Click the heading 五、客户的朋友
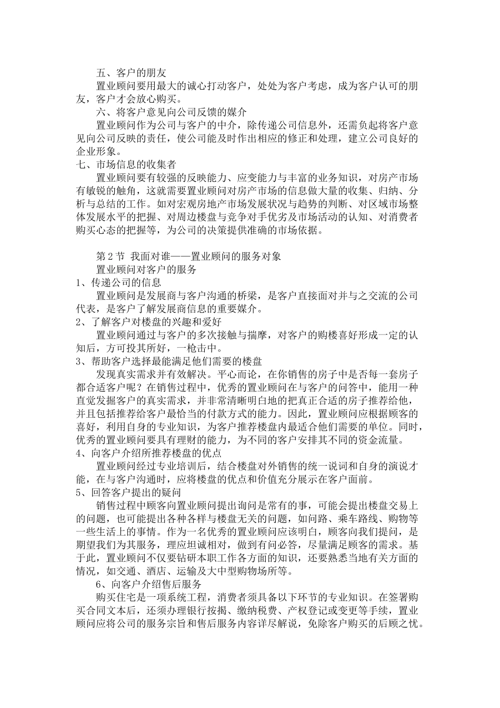(132, 73)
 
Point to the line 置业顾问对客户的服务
(146, 269)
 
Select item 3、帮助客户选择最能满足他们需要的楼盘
(168, 361)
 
